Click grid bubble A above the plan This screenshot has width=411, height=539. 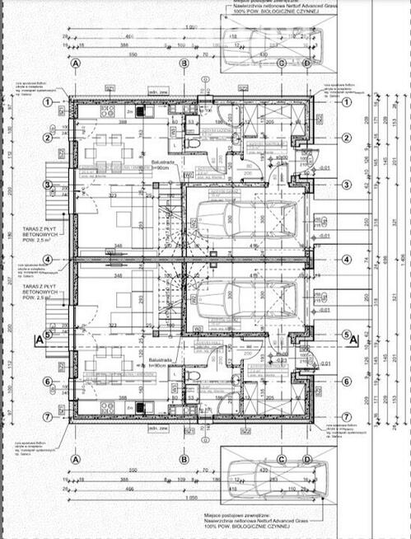(x=76, y=63)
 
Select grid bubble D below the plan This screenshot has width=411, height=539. (x=306, y=459)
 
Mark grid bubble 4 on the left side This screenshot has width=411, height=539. (x=49, y=260)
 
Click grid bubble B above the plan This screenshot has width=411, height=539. (x=184, y=63)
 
